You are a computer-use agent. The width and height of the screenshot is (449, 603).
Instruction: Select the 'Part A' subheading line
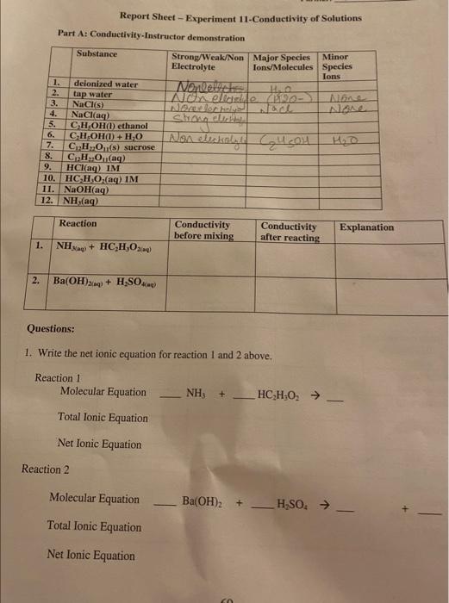click(x=151, y=37)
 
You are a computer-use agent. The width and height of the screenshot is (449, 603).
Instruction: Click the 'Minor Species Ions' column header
click(x=336, y=65)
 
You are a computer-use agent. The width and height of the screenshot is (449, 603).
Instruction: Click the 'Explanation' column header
click(x=366, y=227)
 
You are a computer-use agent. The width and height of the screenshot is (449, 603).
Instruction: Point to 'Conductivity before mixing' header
click(x=203, y=229)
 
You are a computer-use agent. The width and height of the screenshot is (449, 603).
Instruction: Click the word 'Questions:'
click(x=50, y=328)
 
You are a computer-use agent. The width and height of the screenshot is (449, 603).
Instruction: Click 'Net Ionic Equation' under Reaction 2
click(x=90, y=555)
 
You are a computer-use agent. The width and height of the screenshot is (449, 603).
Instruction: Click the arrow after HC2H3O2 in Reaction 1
click(x=315, y=394)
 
